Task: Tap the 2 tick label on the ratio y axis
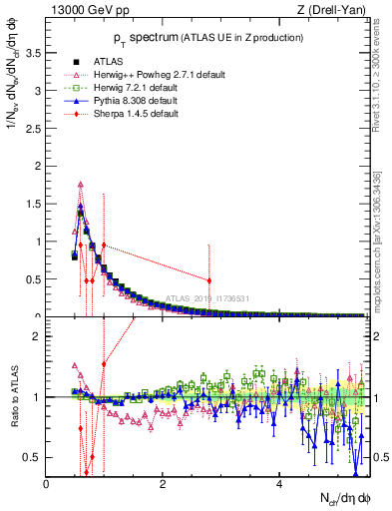[37, 336]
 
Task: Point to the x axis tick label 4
[278, 484]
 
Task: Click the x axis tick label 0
[47, 484]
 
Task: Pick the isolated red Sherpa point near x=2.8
[208, 280]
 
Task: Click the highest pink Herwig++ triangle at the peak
[81, 184]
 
